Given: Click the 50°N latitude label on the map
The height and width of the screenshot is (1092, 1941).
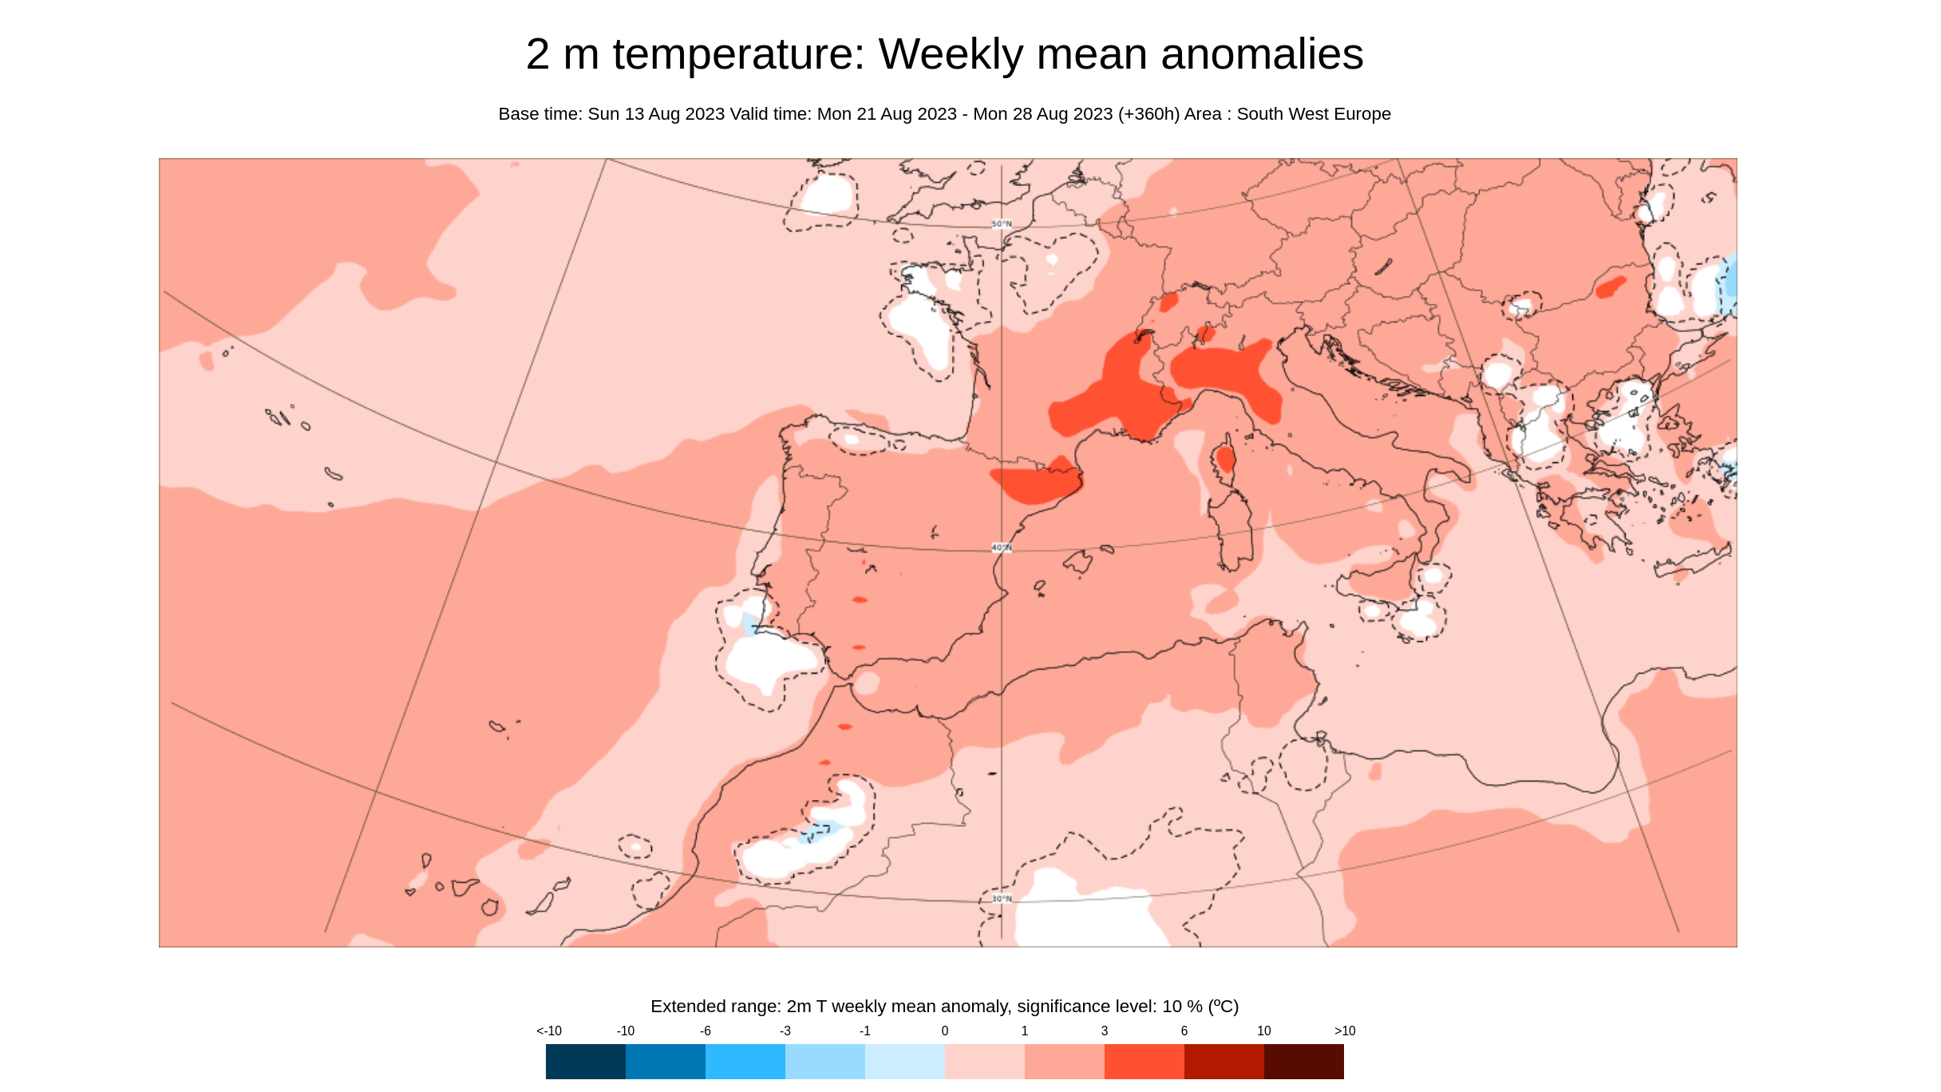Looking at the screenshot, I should (x=1002, y=224).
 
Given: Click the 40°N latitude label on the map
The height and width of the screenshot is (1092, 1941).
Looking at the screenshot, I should (x=1002, y=548).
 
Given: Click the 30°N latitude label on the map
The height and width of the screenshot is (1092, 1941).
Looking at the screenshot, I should (x=1002, y=899).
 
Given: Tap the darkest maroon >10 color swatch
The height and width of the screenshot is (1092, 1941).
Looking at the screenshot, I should (x=1303, y=1062).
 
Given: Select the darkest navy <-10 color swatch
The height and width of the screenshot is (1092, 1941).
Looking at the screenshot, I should (x=585, y=1062).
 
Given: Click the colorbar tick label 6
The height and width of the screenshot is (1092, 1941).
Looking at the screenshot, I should (x=1184, y=1031).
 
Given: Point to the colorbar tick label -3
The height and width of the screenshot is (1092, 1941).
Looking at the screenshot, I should (x=785, y=1031).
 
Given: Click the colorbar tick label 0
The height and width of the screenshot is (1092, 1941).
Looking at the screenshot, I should (x=945, y=1031).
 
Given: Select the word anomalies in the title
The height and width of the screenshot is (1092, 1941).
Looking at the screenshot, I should (x=1262, y=54).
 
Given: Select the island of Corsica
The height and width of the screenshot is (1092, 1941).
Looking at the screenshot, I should (x=1225, y=461).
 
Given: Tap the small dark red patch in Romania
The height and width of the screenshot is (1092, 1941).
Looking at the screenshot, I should (x=1611, y=287).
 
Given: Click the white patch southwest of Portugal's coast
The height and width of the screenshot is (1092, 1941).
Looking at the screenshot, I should (x=766, y=659).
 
